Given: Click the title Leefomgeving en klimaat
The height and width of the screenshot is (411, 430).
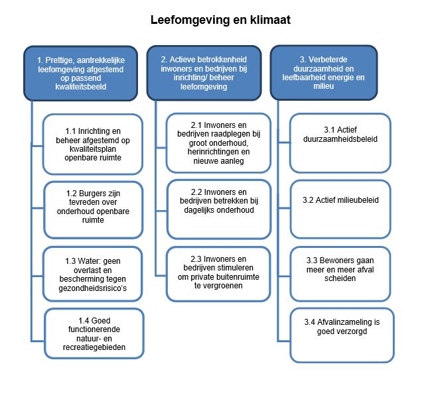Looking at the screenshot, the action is pyautogui.click(x=220, y=21).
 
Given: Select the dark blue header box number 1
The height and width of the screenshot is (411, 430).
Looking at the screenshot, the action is pyautogui.click(x=81, y=74).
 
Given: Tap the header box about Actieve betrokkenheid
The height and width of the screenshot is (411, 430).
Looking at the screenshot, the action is pyautogui.click(x=204, y=73).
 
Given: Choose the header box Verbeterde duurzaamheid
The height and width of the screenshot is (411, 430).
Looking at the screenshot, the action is pyautogui.click(x=324, y=73).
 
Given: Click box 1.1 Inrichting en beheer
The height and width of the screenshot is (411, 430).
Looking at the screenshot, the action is pyautogui.click(x=93, y=144).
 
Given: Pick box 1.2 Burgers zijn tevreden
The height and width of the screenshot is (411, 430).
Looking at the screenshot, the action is pyautogui.click(x=94, y=210).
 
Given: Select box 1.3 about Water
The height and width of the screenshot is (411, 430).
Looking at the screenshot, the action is pyautogui.click(x=93, y=274).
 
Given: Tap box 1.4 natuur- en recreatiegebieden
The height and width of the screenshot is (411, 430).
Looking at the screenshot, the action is pyautogui.click(x=94, y=333).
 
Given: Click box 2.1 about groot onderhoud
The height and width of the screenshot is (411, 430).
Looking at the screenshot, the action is pyautogui.click(x=218, y=143).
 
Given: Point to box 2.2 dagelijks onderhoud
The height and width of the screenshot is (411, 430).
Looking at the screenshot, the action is pyautogui.click(x=219, y=209).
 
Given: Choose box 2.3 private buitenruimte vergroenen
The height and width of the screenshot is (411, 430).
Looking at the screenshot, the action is pyautogui.click(x=218, y=274).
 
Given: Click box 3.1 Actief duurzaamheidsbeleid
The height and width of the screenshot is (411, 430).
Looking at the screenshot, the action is pyautogui.click(x=340, y=143).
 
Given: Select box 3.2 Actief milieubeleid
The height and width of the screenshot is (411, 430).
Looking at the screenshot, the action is pyautogui.click(x=340, y=209).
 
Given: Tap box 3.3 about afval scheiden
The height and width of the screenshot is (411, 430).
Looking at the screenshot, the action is pyautogui.click(x=340, y=274).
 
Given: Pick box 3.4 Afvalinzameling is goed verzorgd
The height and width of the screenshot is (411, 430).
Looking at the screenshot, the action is pyautogui.click(x=342, y=335).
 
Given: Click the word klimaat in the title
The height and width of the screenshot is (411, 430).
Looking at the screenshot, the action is pyautogui.click(x=270, y=20).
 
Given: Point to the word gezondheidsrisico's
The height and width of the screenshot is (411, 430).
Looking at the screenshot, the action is pyautogui.click(x=93, y=288).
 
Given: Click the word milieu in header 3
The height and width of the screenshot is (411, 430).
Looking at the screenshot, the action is pyautogui.click(x=324, y=86).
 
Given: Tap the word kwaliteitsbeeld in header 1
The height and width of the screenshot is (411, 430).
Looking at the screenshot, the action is pyautogui.click(x=81, y=87).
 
